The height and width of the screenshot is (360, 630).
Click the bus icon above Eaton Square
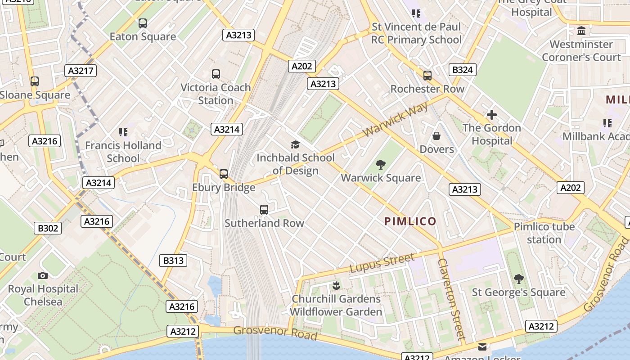pyautogui.click(x=143, y=23)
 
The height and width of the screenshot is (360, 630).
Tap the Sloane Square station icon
pyautogui.click(x=35, y=81)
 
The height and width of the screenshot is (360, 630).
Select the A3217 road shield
pyautogui.click(x=81, y=71)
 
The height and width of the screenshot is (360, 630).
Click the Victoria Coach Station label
pyautogui.click(x=216, y=94)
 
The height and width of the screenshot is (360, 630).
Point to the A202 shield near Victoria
pyautogui.click(x=301, y=66)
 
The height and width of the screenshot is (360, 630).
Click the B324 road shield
pyautogui.click(x=462, y=70)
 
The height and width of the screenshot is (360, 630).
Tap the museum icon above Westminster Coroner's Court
pyautogui.click(x=581, y=31)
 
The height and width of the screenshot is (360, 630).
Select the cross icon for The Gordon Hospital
pyautogui.click(x=491, y=115)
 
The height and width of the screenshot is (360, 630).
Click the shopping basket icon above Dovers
pyautogui.click(x=436, y=135)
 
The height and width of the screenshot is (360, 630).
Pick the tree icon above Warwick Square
pyautogui.click(x=381, y=164)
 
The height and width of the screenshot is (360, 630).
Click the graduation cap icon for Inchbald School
pyautogui.click(x=295, y=144)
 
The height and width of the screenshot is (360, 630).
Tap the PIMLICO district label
pyautogui.click(x=410, y=221)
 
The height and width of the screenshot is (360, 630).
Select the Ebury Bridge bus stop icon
pyautogui.click(x=224, y=174)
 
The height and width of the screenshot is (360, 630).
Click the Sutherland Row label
pyautogui.click(x=264, y=223)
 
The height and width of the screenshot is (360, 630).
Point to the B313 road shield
pyautogui.click(x=173, y=260)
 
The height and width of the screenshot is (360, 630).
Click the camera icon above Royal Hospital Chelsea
pyautogui.click(x=43, y=275)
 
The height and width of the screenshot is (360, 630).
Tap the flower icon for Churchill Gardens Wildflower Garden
pyautogui.click(x=336, y=285)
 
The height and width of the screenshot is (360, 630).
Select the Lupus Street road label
pyautogui.click(x=382, y=262)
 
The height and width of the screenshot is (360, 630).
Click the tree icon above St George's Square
pyautogui.click(x=518, y=279)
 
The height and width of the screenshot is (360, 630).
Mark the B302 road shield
pyautogui.click(x=48, y=228)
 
